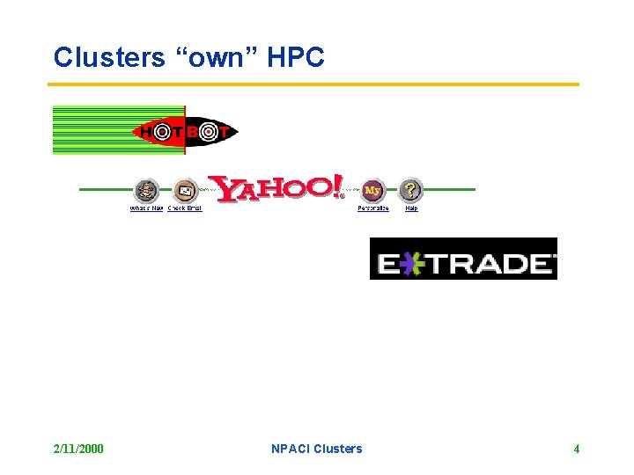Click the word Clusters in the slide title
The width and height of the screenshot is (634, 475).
[108, 58]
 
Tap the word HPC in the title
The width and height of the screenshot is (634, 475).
[295, 58]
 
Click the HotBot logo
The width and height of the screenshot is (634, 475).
[185, 132]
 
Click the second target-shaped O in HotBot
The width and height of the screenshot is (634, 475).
[208, 132]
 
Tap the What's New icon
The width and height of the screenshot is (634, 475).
[146, 189]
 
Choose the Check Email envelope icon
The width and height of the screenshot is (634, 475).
[184, 189]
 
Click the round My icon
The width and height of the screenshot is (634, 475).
[373, 189]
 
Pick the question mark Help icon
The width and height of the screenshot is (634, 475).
[410, 189]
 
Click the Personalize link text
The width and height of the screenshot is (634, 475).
[373, 208]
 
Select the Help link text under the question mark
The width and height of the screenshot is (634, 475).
[411, 208]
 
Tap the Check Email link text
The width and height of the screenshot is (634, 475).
[185, 208]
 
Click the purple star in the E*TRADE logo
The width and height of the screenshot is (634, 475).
[412, 263]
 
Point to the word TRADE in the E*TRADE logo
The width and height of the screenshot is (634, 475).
[490, 263]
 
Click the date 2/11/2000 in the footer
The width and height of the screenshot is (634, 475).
[78, 449]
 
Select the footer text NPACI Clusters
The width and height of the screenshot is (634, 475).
[317, 449]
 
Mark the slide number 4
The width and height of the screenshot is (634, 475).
[577, 449]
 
